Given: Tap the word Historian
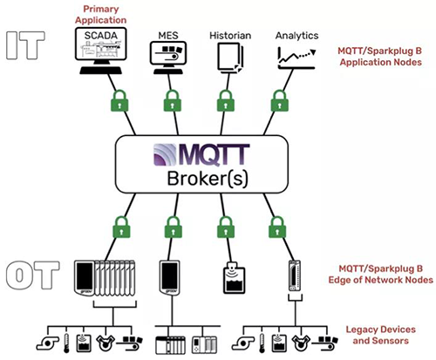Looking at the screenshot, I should (x=230, y=35).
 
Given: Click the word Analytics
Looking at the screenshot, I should (x=296, y=35).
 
